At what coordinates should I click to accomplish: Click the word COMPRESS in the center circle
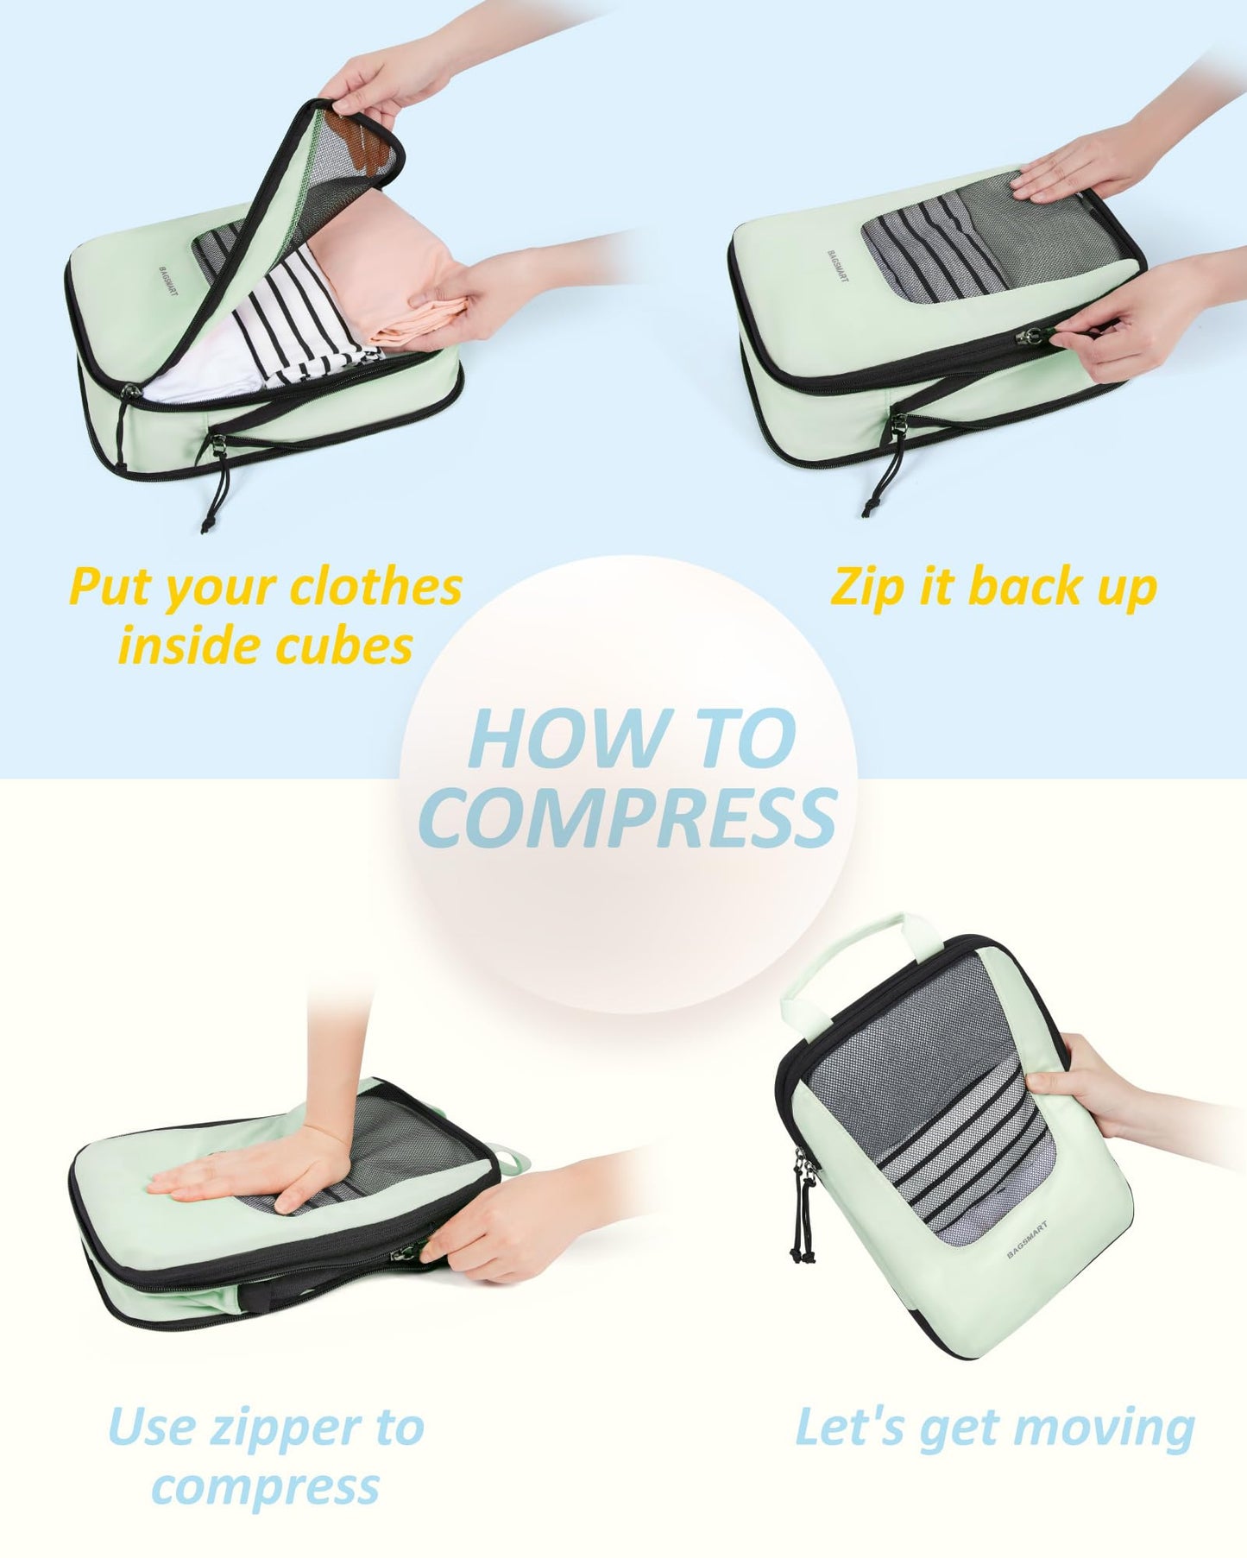point(627,817)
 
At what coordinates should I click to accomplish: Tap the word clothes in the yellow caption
point(376,587)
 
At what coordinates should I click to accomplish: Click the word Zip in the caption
point(866,588)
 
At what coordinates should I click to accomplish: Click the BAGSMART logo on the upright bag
point(1026,1239)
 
